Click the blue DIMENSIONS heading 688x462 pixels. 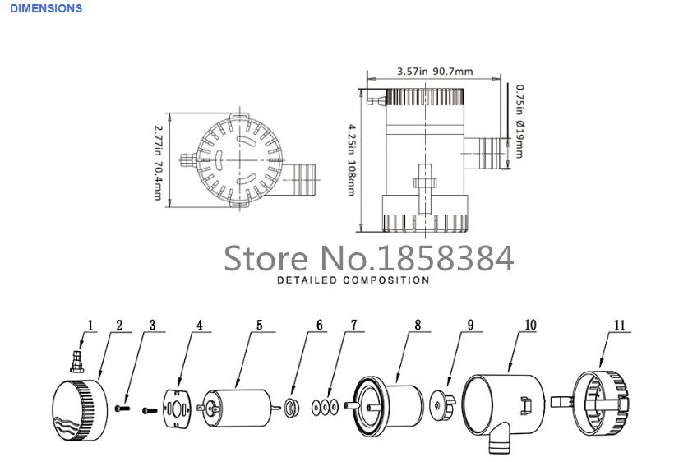[x=46, y=8]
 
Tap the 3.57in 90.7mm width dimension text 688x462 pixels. [x=435, y=71]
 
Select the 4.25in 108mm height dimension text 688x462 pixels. [x=352, y=160]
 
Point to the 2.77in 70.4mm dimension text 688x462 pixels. [x=158, y=163]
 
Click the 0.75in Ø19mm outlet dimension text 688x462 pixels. [x=519, y=121]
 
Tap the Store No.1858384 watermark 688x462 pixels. [x=368, y=258]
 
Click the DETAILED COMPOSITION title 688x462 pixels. [x=353, y=280]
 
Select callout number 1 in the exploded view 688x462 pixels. [x=90, y=326]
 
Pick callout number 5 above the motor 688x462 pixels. [x=259, y=325]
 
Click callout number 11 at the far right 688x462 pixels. [x=619, y=326]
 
